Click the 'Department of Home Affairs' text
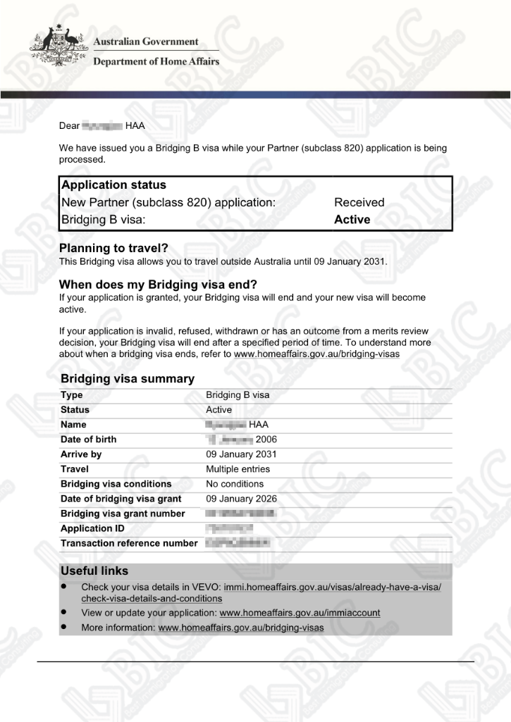[x=156, y=61]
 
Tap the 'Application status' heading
[x=113, y=185]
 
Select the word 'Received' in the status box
[x=359, y=203]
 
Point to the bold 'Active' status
[x=352, y=220]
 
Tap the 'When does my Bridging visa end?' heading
[x=158, y=285]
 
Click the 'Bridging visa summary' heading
[x=127, y=379]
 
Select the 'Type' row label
[x=71, y=395]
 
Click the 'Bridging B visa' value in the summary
[x=237, y=395]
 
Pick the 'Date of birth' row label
[x=88, y=440]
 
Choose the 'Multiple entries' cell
[x=238, y=469]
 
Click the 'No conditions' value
[x=234, y=484]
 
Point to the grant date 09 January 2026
[x=241, y=499]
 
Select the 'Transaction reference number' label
[x=129, y=543]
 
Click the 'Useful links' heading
[x=94, y=571]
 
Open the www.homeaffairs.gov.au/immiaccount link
[x=300, y=613]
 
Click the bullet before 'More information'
[x=64, y=626]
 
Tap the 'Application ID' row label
[x=87, y=528]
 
